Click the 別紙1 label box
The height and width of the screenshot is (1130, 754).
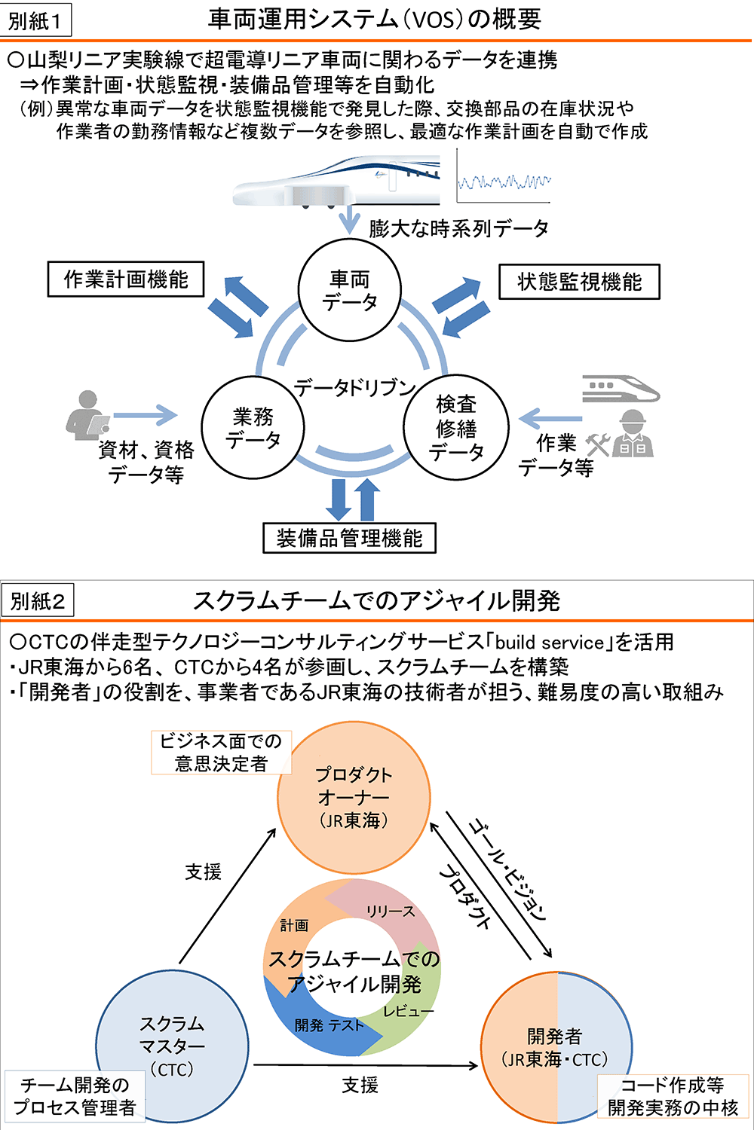click(x=35, y=20)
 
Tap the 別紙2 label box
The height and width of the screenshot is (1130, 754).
click(x=38, y=601)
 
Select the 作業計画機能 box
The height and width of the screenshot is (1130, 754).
click(x=126, y=279)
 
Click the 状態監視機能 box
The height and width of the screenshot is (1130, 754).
click(x=579, y=282)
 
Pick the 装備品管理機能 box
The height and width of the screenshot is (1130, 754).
click(x=349, y=538)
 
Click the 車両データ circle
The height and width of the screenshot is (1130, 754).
click(x=350, y=291)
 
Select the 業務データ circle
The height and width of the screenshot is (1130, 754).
click(x=253, y=428)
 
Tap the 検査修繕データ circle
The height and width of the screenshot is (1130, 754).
click(x=456, y=428)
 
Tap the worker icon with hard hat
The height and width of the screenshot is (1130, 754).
click(x=633, y=435)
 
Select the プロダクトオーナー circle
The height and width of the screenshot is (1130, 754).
click(x=354, y=798)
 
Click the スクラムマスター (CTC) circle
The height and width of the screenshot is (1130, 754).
click(x=172, y=1046)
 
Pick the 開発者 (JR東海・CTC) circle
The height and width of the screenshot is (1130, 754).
click(x=556, y=1048)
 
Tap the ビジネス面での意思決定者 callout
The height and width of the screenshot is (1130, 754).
click(x=221, y=752)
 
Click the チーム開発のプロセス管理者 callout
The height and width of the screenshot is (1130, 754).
click(x=75, y=1096)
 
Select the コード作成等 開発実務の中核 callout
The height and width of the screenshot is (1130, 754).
click(x=673, y=1096)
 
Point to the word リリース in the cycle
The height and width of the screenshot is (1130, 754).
click(x=391, y=912)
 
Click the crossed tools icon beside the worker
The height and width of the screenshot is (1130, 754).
click(x=598, y=444)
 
